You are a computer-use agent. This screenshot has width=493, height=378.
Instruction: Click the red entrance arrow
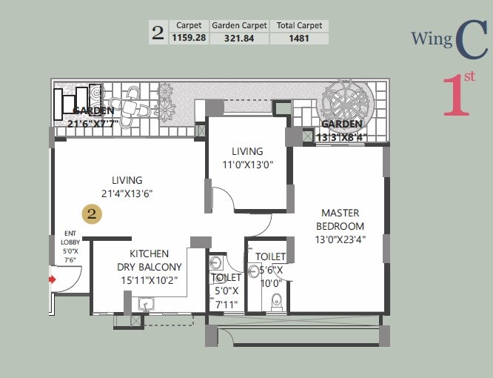coord(52,279)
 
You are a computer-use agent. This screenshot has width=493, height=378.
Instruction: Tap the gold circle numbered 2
coord(92,214)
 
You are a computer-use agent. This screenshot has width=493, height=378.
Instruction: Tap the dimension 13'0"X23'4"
coord(340,239)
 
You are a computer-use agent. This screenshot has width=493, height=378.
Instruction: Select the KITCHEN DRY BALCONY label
coord(149,260)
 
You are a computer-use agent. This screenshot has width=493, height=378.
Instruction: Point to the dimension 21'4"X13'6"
coord(127,194)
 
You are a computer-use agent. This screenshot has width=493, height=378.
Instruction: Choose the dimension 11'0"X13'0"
coord(247,165)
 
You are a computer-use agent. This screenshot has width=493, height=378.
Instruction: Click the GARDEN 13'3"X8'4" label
coord(341,130)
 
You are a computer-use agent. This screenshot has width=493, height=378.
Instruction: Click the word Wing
coord(431,39)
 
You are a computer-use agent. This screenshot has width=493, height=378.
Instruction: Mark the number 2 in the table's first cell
coord(158,32)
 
